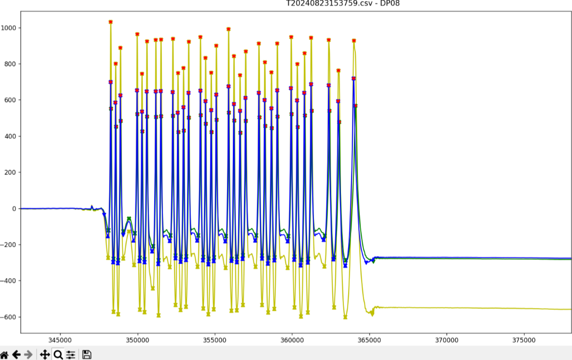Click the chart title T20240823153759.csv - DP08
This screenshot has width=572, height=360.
[342, 3]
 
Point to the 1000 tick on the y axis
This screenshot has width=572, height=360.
[10, 28]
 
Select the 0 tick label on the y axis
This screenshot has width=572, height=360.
[14, 209]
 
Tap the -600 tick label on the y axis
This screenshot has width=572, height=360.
[10, 317]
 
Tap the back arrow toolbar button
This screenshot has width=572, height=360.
[17, 355]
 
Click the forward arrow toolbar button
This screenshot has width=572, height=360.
[28, 355]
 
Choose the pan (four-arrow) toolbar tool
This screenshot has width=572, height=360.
[44, 355]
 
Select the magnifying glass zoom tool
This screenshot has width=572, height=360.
[58, 355]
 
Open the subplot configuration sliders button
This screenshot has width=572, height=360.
[71, 355]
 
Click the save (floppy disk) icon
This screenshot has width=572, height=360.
[87, 355]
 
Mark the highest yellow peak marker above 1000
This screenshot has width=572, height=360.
[110, 22]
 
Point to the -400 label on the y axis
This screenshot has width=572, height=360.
[10, 281]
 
